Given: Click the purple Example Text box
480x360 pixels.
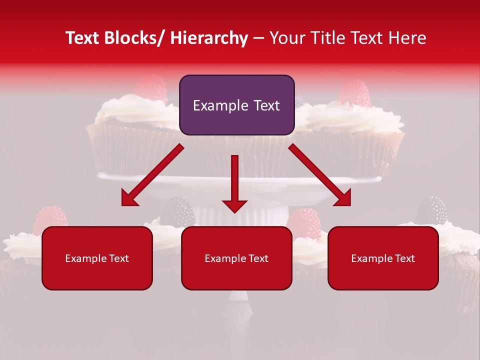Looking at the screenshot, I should click(236, 105).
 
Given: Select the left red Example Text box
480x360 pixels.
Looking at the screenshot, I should click(97, 258).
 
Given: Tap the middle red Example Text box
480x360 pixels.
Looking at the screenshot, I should click(236, 258).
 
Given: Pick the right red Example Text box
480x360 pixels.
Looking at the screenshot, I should click(383, 258).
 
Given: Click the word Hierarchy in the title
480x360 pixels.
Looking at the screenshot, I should click(209, 38).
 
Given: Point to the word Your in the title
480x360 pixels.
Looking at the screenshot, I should click(286, 38).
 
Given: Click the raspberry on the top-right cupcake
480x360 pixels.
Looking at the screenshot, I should click(354, 92).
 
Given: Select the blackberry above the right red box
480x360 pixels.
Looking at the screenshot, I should click(431, 210).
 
